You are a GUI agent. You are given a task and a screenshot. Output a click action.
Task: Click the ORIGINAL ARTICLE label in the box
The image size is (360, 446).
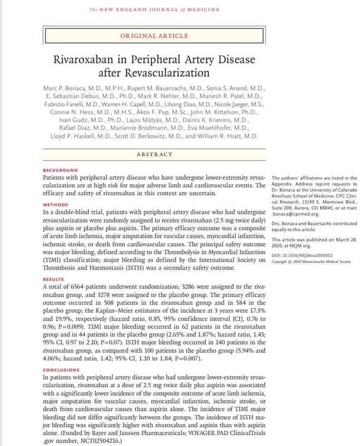point(154,36)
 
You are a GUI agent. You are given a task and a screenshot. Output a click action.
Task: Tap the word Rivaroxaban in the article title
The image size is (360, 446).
point(92,60)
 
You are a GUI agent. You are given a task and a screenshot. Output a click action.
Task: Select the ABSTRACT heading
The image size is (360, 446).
point(154,154)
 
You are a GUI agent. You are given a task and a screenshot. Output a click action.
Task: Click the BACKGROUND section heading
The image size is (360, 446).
point(60,170)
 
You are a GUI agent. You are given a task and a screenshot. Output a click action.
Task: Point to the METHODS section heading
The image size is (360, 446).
point(55,204)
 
